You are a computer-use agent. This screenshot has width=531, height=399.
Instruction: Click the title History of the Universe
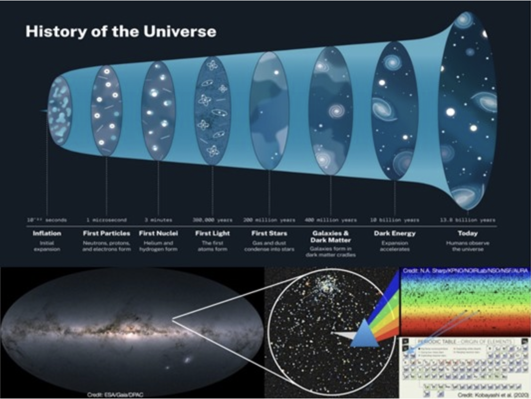coord(121,32)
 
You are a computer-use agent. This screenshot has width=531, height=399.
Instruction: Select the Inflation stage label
coord(47,233)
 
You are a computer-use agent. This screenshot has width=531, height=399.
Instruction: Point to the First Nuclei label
coord(158,233)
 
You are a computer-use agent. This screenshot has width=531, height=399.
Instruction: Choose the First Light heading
coord(212,233)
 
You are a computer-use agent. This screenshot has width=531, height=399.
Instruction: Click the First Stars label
coord(269,233)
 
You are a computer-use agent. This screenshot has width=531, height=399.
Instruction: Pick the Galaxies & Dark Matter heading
coord(330,236)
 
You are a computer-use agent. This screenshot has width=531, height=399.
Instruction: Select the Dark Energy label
coord(395,233)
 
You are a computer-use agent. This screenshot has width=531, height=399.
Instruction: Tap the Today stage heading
coord(467,233)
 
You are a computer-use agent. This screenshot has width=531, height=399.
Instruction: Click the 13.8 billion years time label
coord(467,220)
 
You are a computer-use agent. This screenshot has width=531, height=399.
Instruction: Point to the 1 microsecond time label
coord(107,220)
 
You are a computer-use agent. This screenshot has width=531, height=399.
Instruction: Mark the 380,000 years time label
coord(212,220)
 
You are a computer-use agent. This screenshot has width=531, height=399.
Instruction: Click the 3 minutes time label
coord(158,220)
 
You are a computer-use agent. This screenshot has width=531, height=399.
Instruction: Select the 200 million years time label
coord(269,220)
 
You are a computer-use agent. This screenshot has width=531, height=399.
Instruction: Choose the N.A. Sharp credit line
coord(464,271)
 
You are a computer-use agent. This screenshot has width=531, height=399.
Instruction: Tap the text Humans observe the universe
coord(467,246)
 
